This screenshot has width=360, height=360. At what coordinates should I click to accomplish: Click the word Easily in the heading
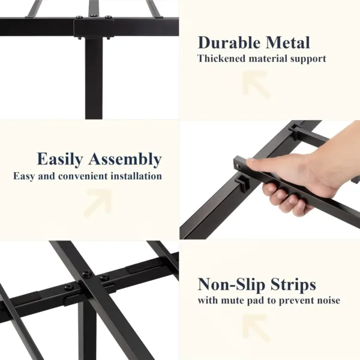60,160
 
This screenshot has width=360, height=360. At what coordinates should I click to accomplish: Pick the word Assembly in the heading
125,160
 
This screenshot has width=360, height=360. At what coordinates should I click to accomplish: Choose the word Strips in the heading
293,284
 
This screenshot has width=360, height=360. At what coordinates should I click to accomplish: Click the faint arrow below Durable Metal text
256,85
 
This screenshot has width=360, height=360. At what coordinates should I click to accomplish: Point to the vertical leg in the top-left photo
94,78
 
